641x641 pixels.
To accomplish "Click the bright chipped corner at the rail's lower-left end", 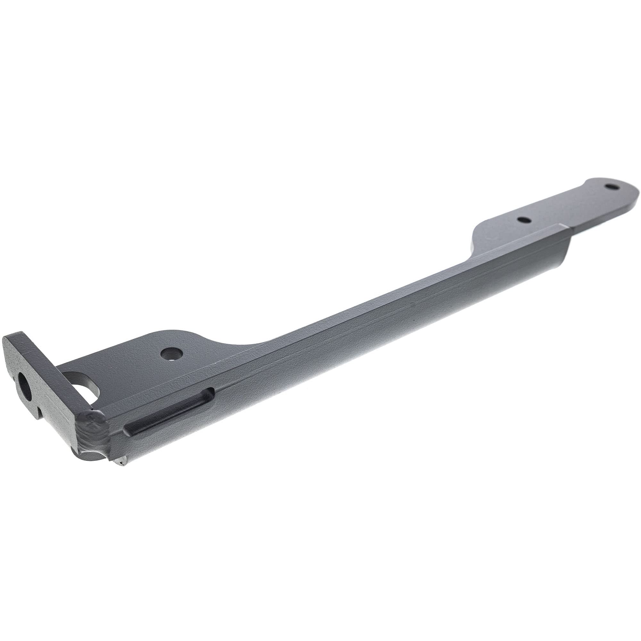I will tap(121, 461).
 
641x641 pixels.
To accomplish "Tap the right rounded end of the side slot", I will tap(211, 393).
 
